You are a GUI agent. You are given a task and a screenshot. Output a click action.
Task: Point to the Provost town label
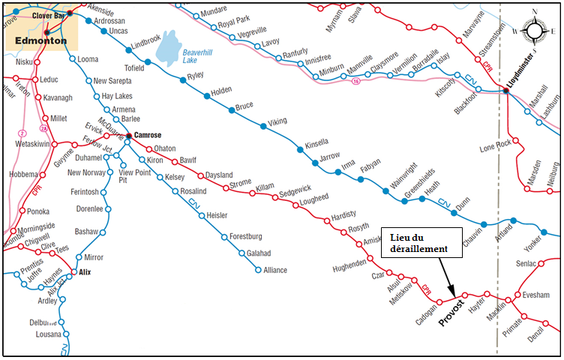click(451, 312)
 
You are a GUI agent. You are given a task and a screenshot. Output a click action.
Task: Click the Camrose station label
click(148, 135)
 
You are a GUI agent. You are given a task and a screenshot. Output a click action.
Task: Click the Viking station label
click(277, 120)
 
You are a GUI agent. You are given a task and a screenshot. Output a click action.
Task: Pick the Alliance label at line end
click(274, 270)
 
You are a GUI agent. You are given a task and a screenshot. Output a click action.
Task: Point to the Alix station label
click(85, 271)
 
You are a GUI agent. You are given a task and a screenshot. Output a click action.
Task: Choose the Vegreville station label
click(252, 32)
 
